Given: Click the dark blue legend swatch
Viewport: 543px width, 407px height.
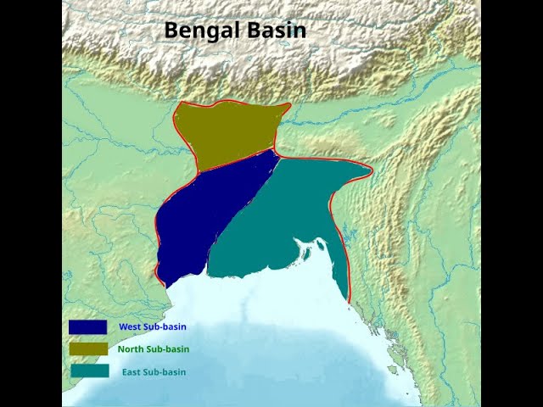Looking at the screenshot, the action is point(88,326).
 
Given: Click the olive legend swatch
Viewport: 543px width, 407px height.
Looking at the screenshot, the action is point(88,348).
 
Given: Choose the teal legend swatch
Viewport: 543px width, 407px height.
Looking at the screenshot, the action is point(88,371).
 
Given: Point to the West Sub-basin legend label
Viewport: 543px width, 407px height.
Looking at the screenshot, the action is point(152,326).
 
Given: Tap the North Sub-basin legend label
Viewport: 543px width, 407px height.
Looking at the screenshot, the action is point(154,348).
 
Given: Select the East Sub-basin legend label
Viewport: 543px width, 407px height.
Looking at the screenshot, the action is point(154,371).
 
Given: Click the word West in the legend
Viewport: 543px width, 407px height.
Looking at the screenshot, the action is point(130,326).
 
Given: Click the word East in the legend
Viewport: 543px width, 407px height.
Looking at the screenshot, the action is point(132,371).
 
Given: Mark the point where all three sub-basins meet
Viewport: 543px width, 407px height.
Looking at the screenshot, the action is point(277,153).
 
